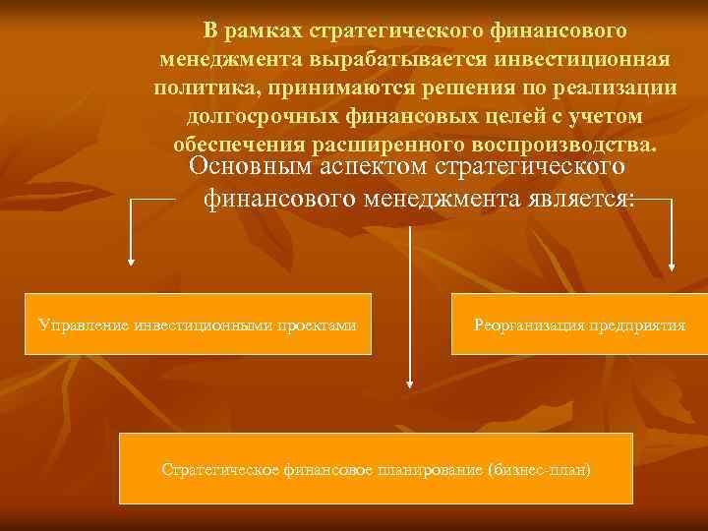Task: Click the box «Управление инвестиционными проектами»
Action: click(x=197, y=324)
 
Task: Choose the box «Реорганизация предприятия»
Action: click(x=579, y=324)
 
